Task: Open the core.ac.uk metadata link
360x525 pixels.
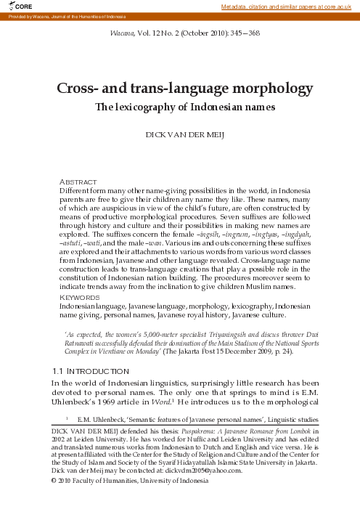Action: coord(289,7)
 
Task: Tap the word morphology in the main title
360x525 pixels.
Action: coord(263,89)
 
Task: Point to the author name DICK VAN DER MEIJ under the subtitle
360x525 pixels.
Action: coord(179,136)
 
